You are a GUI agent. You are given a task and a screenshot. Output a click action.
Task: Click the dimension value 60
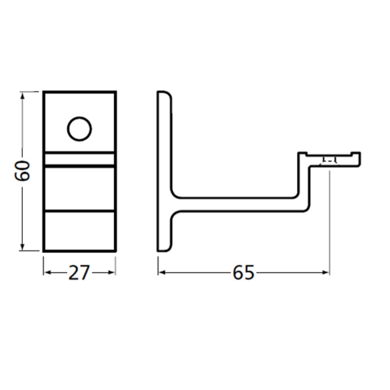[22, 172]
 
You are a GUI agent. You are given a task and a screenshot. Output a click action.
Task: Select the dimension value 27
[79, 273]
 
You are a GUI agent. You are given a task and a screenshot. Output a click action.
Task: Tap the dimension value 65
[243, 273]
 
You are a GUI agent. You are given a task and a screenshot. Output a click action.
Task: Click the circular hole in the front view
[79, 128]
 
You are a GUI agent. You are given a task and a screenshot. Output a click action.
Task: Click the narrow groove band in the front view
[79, 159]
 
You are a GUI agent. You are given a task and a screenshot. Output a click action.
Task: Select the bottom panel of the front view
[79, 231]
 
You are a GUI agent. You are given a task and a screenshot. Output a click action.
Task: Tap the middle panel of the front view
[79, 189]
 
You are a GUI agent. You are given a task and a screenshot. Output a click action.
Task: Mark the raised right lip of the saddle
[357, 157]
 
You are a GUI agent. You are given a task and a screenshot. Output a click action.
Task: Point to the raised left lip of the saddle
[302, 157]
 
